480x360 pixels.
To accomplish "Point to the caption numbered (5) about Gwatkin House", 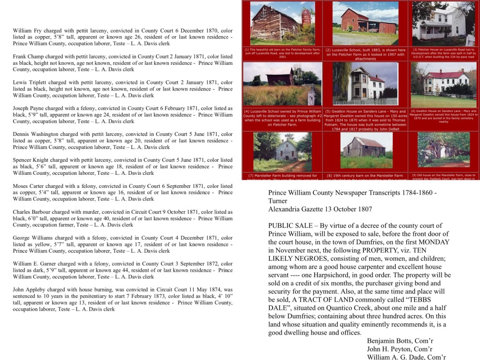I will click(365, 119).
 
